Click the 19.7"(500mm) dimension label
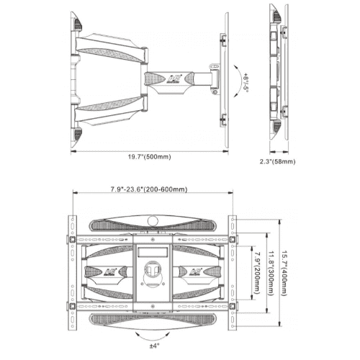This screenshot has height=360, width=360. (x=149, y=157)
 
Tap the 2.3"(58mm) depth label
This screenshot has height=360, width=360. (x=278, y=161)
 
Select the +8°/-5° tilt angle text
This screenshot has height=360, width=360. (x=246, y=81)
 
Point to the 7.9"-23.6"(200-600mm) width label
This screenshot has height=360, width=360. (x=149, y=189)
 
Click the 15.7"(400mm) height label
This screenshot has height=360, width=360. (x=284, y=273)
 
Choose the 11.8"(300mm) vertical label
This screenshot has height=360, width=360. (x=271, y=273)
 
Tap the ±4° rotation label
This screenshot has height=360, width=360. (x=154, y=346)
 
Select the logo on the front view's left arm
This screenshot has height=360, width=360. (x=111, y=272)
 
